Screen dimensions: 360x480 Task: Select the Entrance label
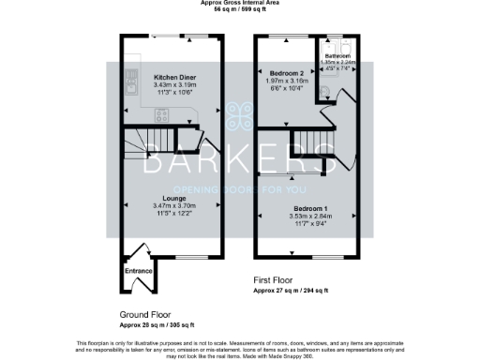click(138, 272)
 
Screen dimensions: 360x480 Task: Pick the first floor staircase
click(314, 146)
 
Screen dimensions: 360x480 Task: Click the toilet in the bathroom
click(325, 89)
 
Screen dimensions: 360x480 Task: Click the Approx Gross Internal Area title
click(240, 3)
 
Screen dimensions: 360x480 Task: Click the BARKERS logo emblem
click(240, 116)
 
